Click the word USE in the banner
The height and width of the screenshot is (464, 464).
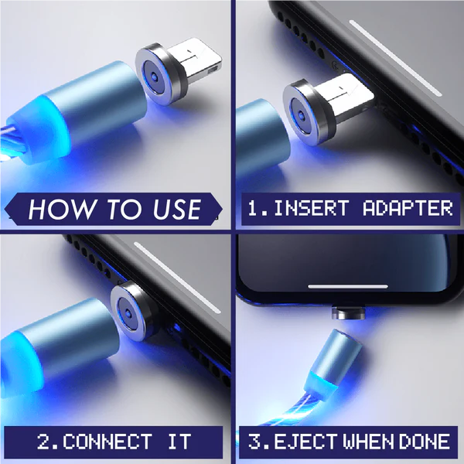[178, 210]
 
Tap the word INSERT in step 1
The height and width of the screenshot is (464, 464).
[312, 208]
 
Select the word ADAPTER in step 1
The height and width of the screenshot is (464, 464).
[408, 208]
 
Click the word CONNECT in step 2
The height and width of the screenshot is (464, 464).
[107, 442]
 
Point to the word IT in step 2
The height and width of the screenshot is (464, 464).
[179, 442]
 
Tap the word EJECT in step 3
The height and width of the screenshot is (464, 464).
[305, 442]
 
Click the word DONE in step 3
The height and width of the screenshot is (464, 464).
[425, 442]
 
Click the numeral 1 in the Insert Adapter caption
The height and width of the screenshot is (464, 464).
[254, 208]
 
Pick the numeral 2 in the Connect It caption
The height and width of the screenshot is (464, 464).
[44, 442]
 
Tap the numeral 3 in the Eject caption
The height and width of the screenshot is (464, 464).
[254, 442]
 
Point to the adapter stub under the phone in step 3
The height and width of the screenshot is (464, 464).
[348, 313]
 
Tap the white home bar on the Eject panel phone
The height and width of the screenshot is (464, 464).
[348, 286]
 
